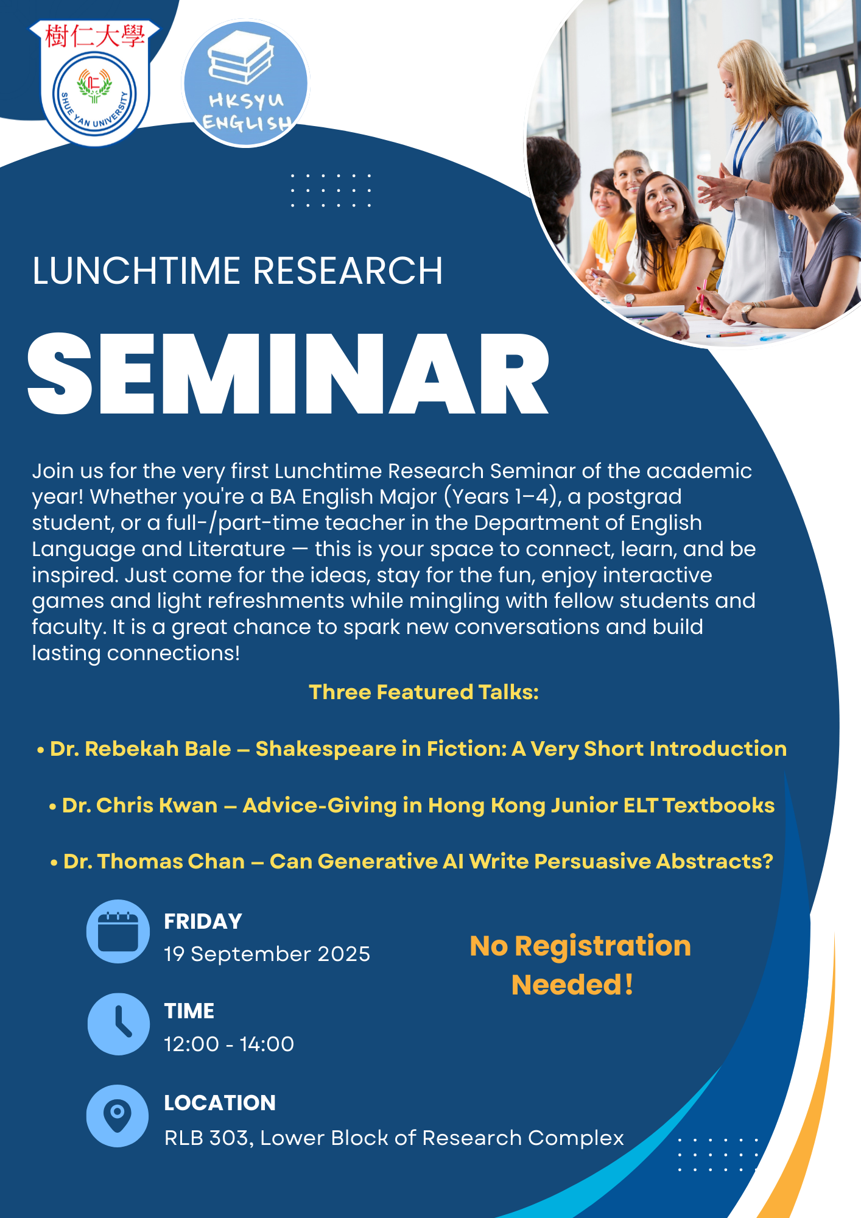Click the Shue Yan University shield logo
tap(94, 83)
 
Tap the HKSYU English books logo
tap(246, 83)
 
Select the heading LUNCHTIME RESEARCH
tap(237, 271)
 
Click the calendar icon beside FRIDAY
tap(118, 931)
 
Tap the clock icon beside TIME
tap(118, 1024)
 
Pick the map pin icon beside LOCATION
tap(118, 1116)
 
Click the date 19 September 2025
tap(267, 954)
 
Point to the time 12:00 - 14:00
tap(229, 1044)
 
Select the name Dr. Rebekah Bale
tap(141, 748)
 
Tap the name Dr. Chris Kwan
tap(140, 805)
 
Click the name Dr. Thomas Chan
tap(154, 861)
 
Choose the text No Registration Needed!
tap(580, 965)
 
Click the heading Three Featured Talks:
tap(424, 692)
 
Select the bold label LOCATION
tap(220, 1103)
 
